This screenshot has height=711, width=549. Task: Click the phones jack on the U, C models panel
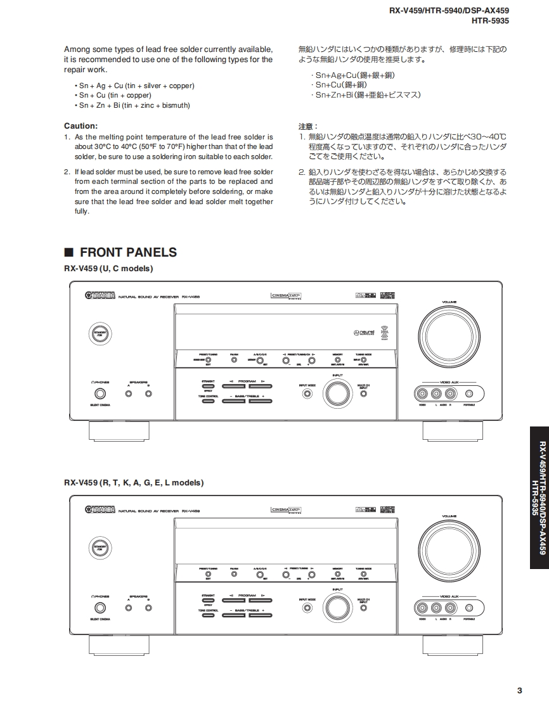[x=100, y=394]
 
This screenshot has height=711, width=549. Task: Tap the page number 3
[x=519, y=691]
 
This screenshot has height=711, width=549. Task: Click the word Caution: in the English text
[x=81, y=125]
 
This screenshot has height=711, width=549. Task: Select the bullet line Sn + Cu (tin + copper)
[x=115, y=95]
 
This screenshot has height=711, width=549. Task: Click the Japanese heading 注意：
[x=308, y=126]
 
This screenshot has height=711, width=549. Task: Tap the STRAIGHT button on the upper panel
[x=208, y=386]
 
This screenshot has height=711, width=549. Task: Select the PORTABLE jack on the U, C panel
[x=468, y=394]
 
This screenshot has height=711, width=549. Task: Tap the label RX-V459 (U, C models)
[x=108, y=269]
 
